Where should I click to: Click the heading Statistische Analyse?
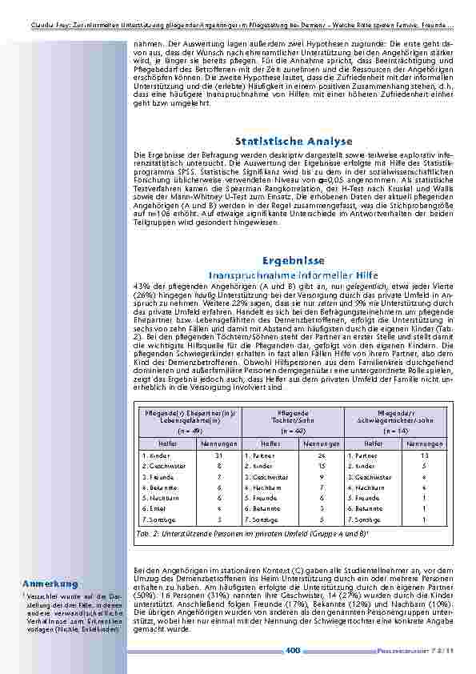[294, 142]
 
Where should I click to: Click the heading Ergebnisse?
[293, 261]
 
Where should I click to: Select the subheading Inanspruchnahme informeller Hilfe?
[293, 275]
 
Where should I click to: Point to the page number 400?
[293, 651]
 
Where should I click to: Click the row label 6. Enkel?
[154, 508]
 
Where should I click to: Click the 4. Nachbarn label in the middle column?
[260, 486]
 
